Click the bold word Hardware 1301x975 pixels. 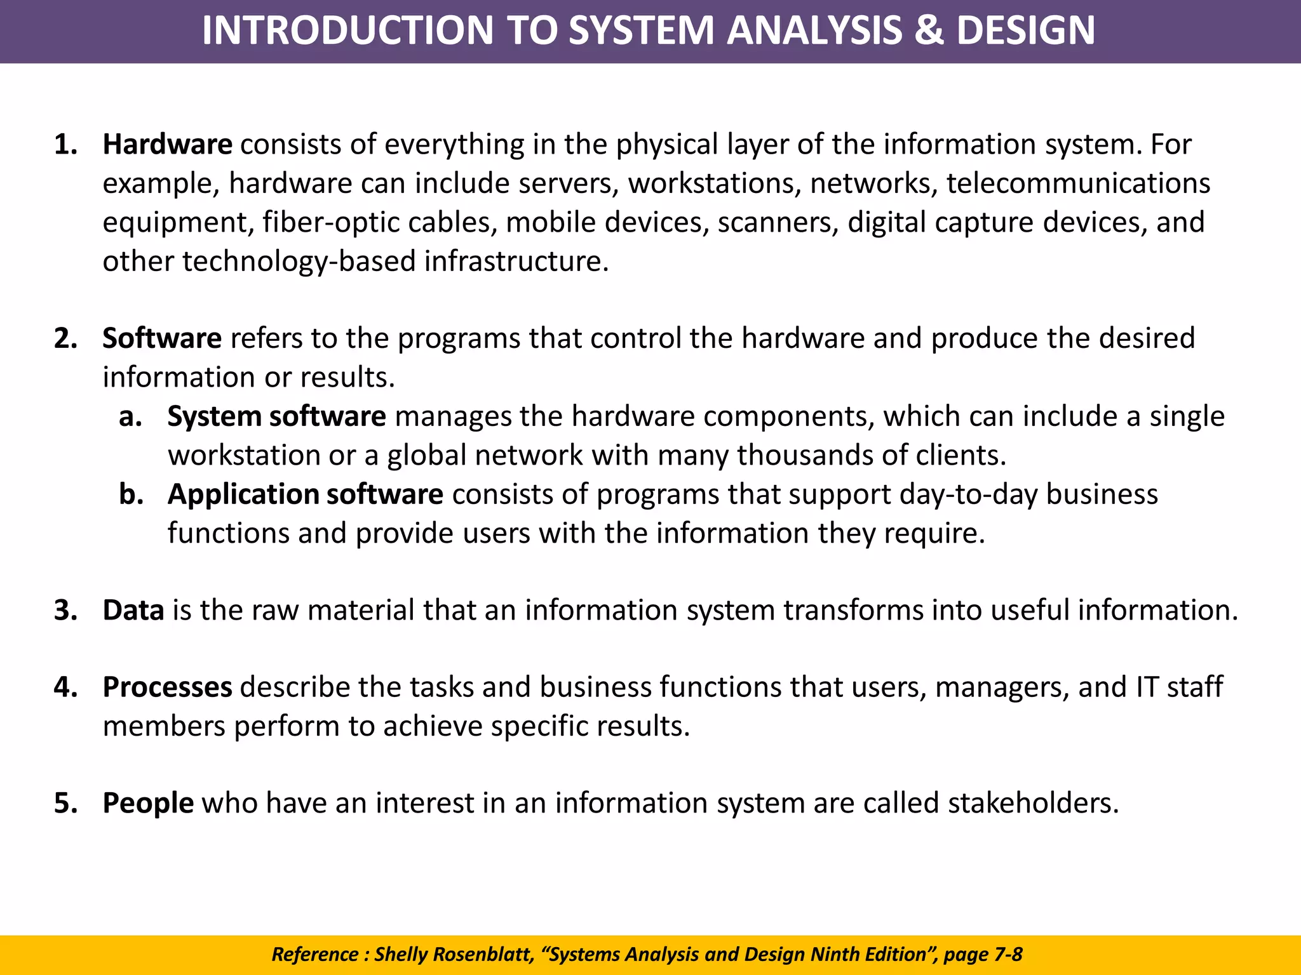coord(167,145)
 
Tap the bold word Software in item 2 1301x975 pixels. coord(161,338)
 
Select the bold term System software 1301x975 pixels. coord(276,416)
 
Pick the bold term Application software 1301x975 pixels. coord(305,494)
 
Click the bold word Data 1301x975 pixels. coord(133,610)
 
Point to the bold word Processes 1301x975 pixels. coord(167,687)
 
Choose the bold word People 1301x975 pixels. coord(148,803)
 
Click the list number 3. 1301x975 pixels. coord(65,610)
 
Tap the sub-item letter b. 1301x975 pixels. coord(130,494)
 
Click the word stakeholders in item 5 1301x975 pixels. coord(1032,803)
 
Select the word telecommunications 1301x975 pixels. coord(1078,183)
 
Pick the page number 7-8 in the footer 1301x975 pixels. coord(1008,954)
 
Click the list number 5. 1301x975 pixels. coord(65,803)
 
